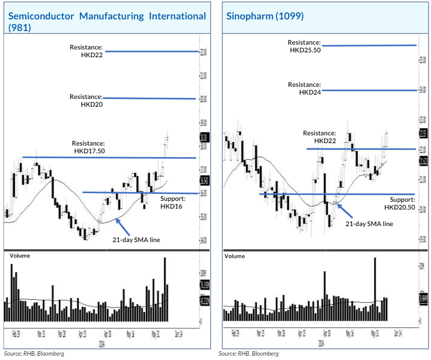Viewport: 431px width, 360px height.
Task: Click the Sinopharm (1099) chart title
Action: pos(265,16)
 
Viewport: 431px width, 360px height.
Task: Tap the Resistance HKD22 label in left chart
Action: pos(86,51)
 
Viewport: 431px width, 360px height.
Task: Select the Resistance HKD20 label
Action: pos(86,100)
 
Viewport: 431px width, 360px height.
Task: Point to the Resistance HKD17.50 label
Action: pos(89,147)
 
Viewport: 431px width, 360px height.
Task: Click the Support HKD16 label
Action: pos(172,202)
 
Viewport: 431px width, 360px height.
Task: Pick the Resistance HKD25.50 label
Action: pos(305,46)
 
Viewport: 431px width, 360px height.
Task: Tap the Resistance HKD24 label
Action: pos(304,88)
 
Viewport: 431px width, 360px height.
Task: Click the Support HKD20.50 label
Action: pos(400,203)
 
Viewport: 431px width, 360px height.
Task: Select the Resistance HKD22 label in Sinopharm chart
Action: pos(319,137)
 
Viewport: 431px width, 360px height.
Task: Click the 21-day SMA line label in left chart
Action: pos(136,240)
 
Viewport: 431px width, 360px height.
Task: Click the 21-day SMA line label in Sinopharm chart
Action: pos(369,224)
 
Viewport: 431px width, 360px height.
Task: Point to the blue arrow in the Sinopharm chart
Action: pos(347,211)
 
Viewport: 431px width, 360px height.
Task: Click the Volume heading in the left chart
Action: pos(19,255)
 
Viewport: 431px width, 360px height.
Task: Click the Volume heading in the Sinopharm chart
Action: pos(234,256)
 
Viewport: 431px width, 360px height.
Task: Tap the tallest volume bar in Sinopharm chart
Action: pos(375,289)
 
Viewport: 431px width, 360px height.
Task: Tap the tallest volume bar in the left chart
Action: pos(165,289)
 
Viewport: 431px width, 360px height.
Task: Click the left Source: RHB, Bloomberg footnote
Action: pos(34,354)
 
